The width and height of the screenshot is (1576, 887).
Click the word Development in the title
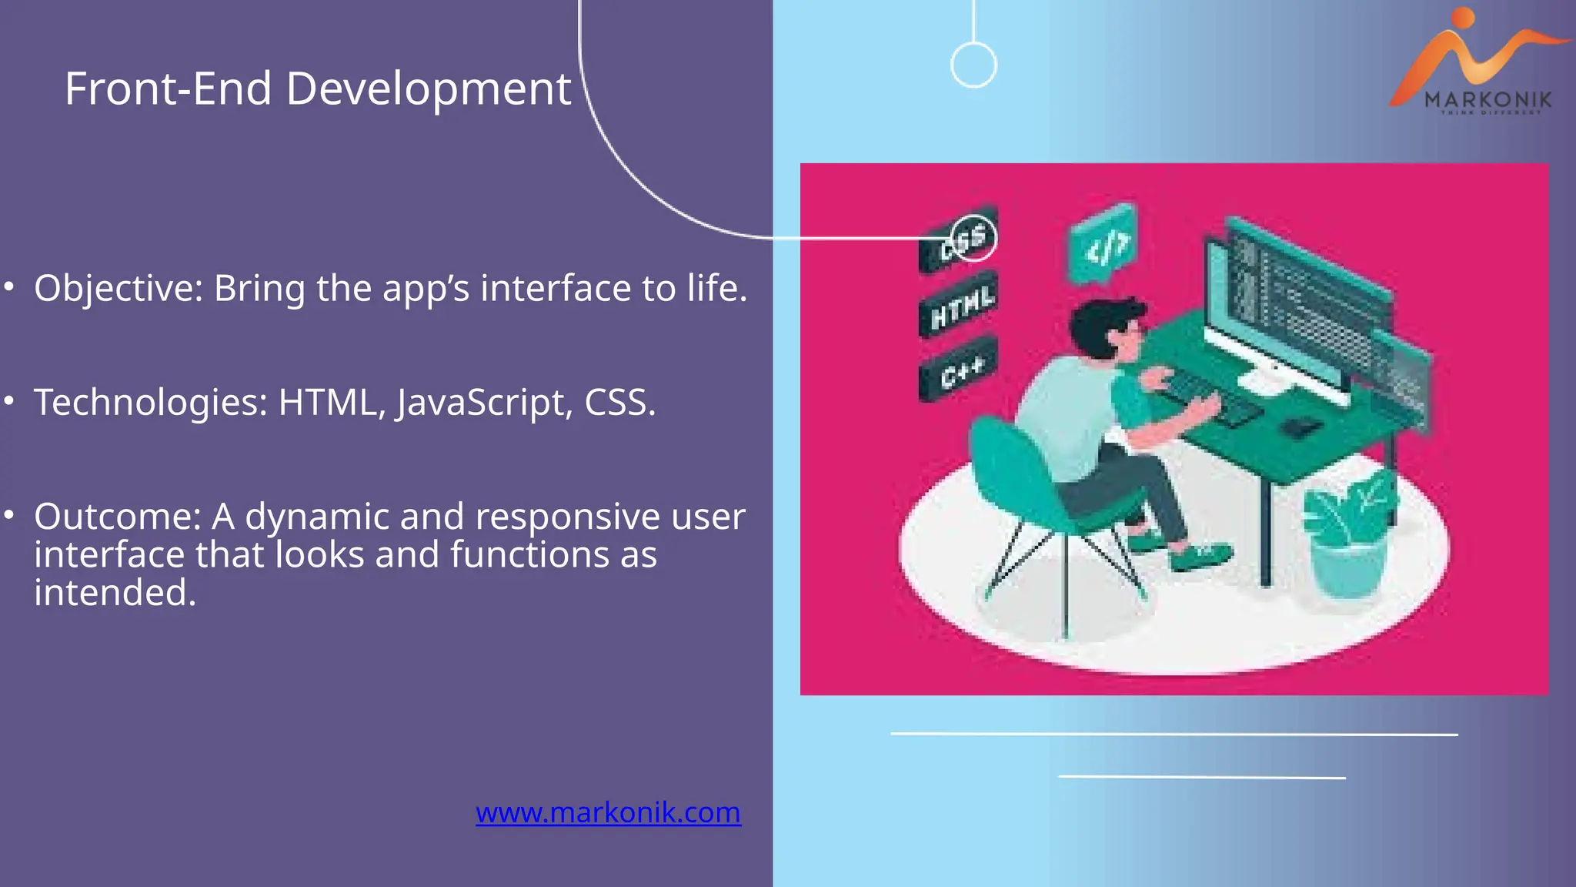[429, 89]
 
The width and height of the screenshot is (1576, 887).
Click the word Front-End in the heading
[168, 89]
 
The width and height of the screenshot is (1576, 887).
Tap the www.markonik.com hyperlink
[608, 813]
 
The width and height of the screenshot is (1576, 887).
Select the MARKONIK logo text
[1488, 99]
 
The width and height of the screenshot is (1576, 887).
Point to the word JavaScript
[484, 403]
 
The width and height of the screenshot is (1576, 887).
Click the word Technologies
[151, 403]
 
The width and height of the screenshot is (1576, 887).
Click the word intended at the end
[115, 593]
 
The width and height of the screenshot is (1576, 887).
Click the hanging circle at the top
[973, 65]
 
